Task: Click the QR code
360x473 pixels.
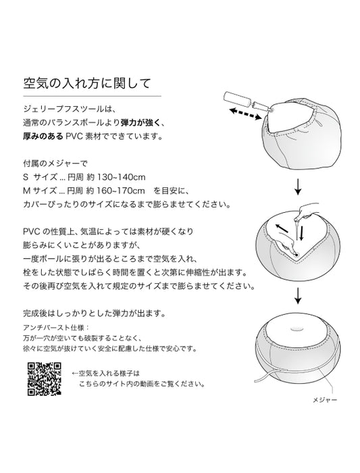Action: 45,378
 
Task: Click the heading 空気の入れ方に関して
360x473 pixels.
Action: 87,84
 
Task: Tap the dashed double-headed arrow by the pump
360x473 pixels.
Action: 245,114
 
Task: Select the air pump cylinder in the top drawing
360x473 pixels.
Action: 236,99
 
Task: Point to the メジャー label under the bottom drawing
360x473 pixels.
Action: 325,400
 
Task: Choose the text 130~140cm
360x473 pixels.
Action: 121,177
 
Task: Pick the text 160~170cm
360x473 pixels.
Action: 121,191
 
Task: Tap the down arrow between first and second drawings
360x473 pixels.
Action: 298,187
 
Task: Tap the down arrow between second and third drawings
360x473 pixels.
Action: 298,296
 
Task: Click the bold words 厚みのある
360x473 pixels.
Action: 43,136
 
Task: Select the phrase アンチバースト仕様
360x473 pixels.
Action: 54,328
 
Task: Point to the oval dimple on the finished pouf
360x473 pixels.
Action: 298,328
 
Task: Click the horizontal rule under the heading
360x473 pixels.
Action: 93,96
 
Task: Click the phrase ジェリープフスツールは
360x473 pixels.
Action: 68,109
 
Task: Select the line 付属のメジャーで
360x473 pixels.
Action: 55,164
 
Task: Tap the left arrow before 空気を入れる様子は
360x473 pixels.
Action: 75,374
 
